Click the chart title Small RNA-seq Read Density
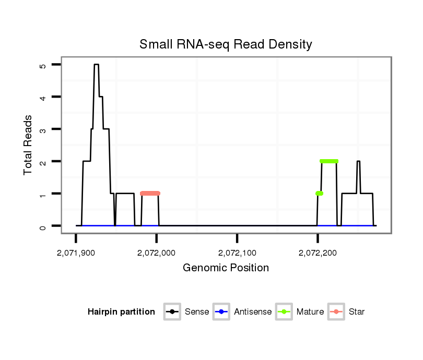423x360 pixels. (x=226, y=44)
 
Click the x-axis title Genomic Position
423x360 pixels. (x=226, y=268)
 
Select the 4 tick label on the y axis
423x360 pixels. (x=42, y=97)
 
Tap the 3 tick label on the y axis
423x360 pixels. (x=42, y=129)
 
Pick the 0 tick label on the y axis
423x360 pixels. (x=42, y=226)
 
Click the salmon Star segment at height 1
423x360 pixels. (x=150, y=194)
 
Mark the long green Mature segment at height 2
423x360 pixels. (x=329, y=161)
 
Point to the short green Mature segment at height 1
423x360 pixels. (x=319, y=194)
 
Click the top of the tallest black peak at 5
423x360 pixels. (x=97, y=65)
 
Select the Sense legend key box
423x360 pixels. (x=172, y=312)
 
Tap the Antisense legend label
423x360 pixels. (x=253, y=312)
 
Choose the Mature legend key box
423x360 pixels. (x=284, y=312)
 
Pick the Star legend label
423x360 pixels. (x=356, y=312)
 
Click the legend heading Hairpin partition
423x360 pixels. (x=121, y=312)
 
